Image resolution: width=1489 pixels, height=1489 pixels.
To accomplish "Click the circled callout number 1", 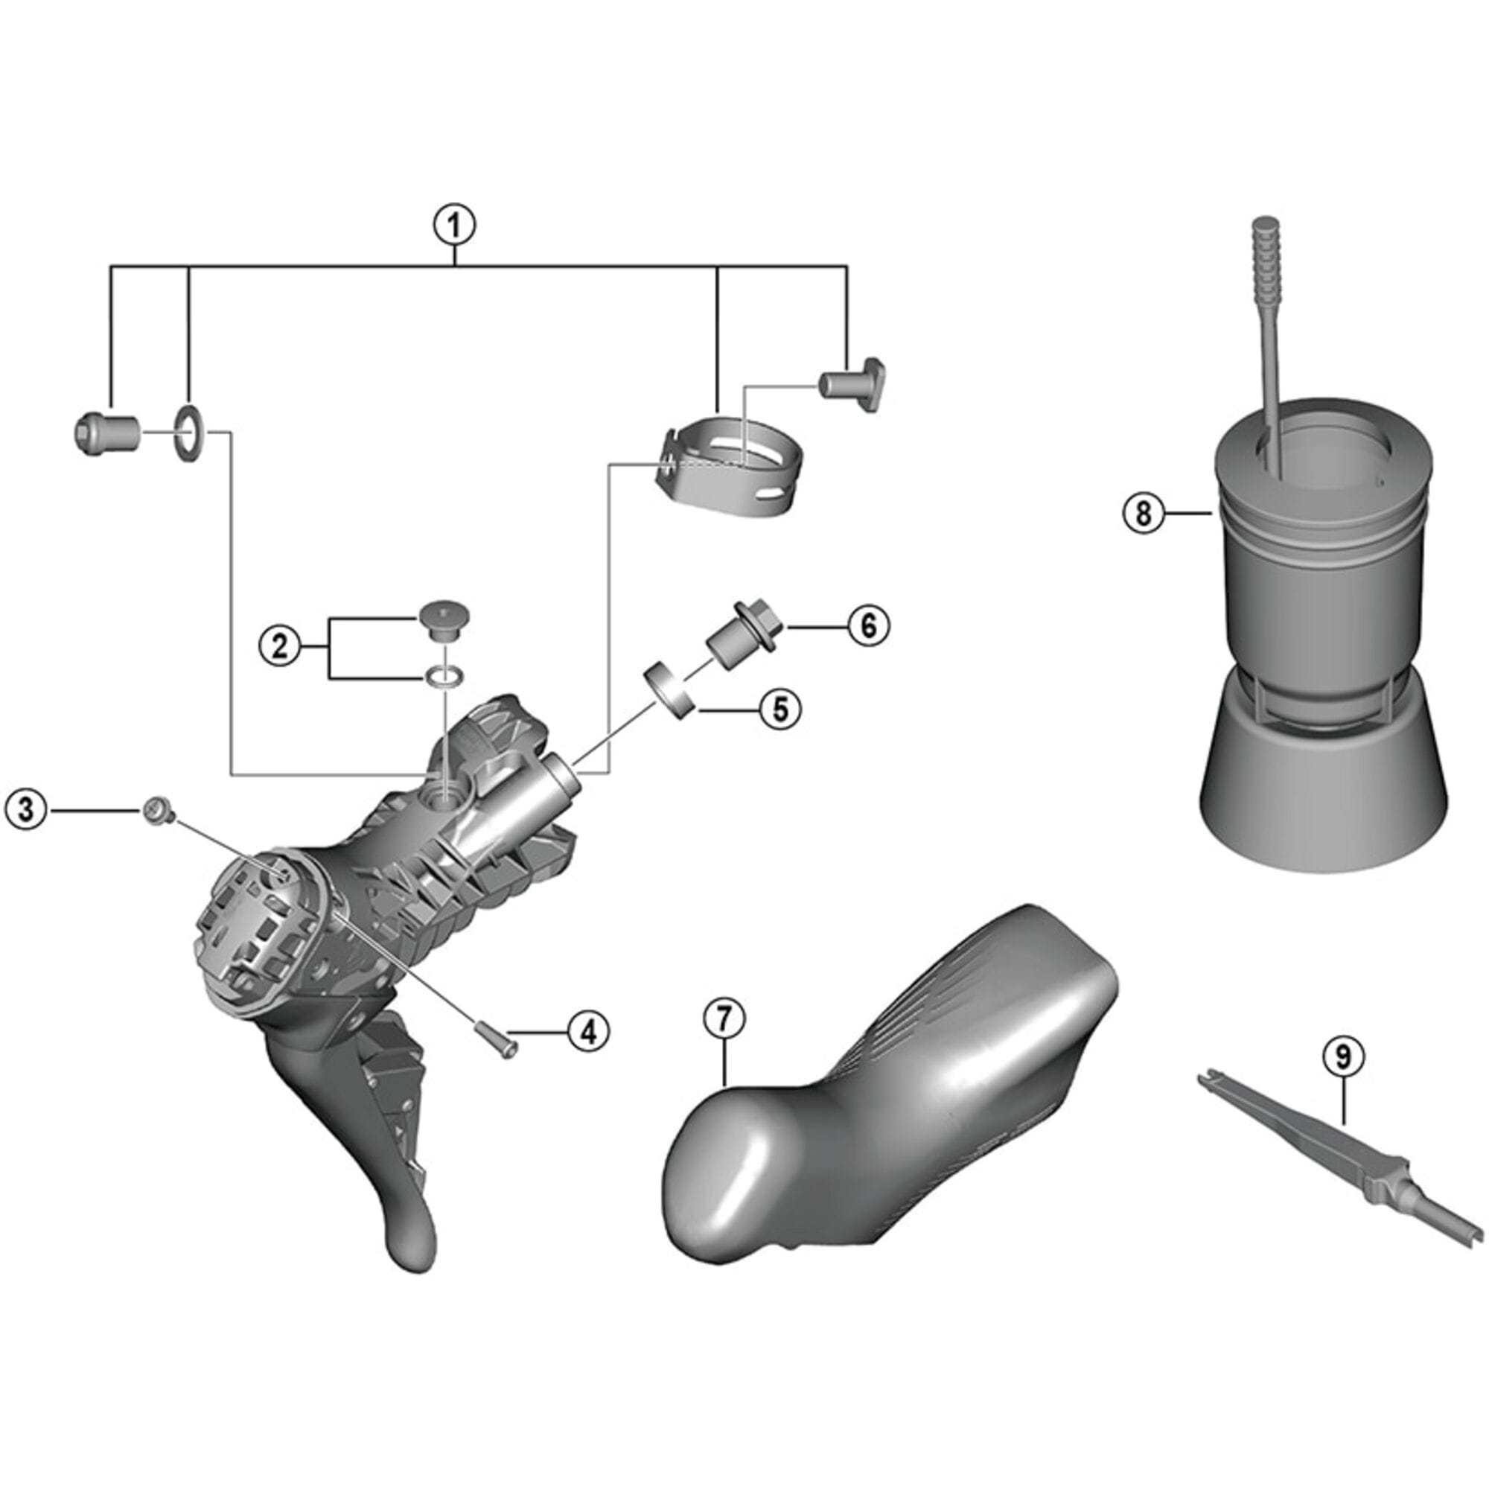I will tap(454, 226).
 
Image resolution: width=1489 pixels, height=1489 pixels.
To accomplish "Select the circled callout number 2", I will tap(279, 645).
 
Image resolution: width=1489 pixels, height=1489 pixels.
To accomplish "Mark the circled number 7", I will tap(724, 1019).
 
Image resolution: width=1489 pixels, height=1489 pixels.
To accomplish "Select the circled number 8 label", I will tap(1142, 512).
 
